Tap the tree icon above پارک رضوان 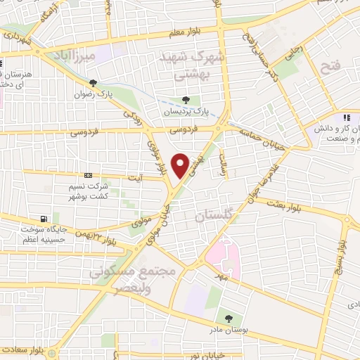(x=93, y=83)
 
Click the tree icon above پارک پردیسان (x=186, y=100)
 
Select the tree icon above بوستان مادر (x=227, y=318)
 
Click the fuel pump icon (x=44, y=219)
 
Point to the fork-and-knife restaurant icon (x=346, y=117)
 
